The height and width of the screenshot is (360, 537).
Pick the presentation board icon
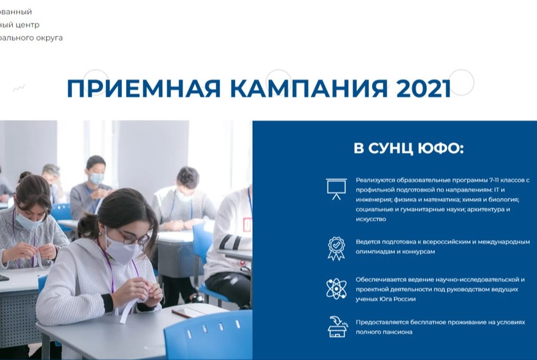[x=336, y=189]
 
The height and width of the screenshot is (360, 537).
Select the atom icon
[x=336, y=288]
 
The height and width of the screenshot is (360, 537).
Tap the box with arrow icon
[x=336, y=326]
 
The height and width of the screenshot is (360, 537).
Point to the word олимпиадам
[x=376, y=252]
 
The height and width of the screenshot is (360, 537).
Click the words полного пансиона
[x=384, y=332]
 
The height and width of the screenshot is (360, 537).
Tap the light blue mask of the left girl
[x=29, y=220]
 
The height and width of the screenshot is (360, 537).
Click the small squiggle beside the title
[x=19, y=88]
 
